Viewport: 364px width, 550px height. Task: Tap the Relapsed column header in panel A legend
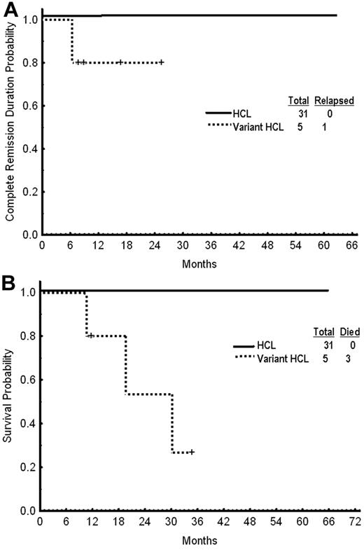333,101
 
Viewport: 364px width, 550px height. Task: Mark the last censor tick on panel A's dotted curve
162,62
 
